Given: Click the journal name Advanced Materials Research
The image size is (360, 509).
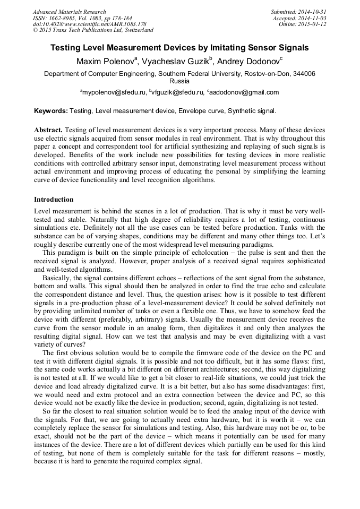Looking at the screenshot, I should pyautogui.click(x=69, y=12).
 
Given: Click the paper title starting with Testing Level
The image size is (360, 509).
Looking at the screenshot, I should pyautogui.click(x=179, y=48).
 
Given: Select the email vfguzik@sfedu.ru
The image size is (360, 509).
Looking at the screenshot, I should pyautogui.click(x=178, y=92).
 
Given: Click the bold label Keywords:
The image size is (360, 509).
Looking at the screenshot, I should pyautogui.click(x=50, y=111).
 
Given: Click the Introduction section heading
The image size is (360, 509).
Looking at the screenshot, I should pyautogui.click(x=54, y=200).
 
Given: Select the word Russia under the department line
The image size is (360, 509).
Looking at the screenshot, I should pyautogui.click(x=179, y=82).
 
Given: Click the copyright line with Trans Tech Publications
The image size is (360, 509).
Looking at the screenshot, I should pyautogui.click(x=93, y=30).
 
